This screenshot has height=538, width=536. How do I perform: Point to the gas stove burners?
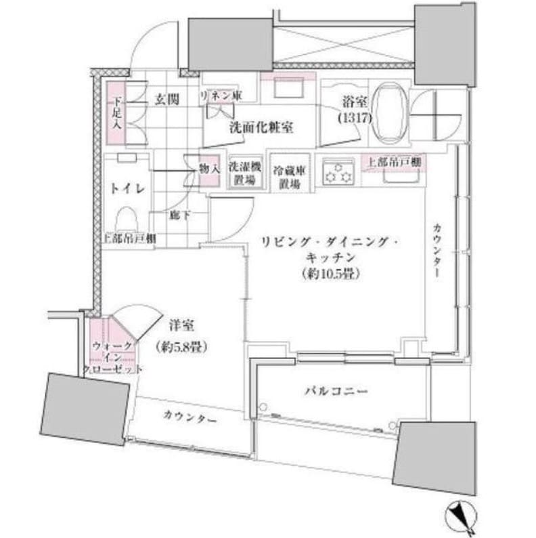[x=338, y=172]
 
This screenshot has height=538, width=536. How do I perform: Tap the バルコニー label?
[x=335, y=391]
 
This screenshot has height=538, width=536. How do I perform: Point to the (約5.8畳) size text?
[x=181, y=346]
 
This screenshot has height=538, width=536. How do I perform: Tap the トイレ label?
[x=127, y=189]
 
